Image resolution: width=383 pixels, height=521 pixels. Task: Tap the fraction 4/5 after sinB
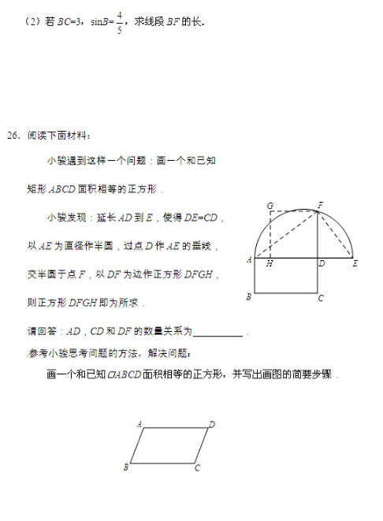118,21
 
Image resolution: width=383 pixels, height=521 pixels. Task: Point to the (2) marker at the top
32,22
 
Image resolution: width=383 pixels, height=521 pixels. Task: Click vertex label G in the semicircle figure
270,205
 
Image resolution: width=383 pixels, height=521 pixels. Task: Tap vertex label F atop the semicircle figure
320,205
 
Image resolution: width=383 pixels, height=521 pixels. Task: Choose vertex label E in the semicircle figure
355,262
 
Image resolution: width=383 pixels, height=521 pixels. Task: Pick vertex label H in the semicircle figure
270,263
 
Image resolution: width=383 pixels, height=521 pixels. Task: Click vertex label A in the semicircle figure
248,259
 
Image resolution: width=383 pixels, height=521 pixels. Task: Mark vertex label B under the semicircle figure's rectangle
249,297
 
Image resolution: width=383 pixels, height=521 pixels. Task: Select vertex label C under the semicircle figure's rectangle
320,298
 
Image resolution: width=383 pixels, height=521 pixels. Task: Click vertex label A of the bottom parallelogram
139,424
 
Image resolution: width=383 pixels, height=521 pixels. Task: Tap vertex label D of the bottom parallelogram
212,424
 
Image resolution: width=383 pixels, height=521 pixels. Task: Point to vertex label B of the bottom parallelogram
125,467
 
